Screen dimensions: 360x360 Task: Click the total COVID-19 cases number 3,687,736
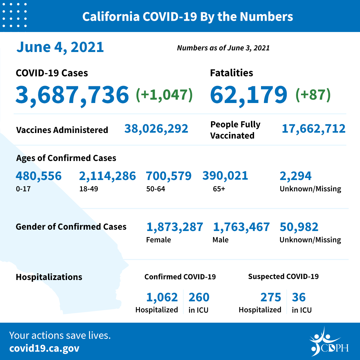72,94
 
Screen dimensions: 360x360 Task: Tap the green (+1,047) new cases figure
164,95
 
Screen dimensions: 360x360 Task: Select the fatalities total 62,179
248,94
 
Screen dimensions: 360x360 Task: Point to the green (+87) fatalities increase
313,95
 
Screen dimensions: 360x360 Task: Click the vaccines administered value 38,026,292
156,129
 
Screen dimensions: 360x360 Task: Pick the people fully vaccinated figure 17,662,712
313,129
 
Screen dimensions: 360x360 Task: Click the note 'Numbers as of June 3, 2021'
223,48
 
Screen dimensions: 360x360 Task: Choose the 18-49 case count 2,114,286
107,176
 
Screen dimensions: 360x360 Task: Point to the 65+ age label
219,189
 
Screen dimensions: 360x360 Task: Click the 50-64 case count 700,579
169,176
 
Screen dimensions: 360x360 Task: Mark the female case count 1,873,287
175,227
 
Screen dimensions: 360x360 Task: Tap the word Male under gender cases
220,240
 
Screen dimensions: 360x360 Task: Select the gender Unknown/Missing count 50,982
299,227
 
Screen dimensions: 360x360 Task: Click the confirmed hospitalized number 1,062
162,297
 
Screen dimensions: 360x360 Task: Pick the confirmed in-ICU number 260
199,297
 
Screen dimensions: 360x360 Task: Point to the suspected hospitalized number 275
270,297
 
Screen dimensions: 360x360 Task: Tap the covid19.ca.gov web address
44,348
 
